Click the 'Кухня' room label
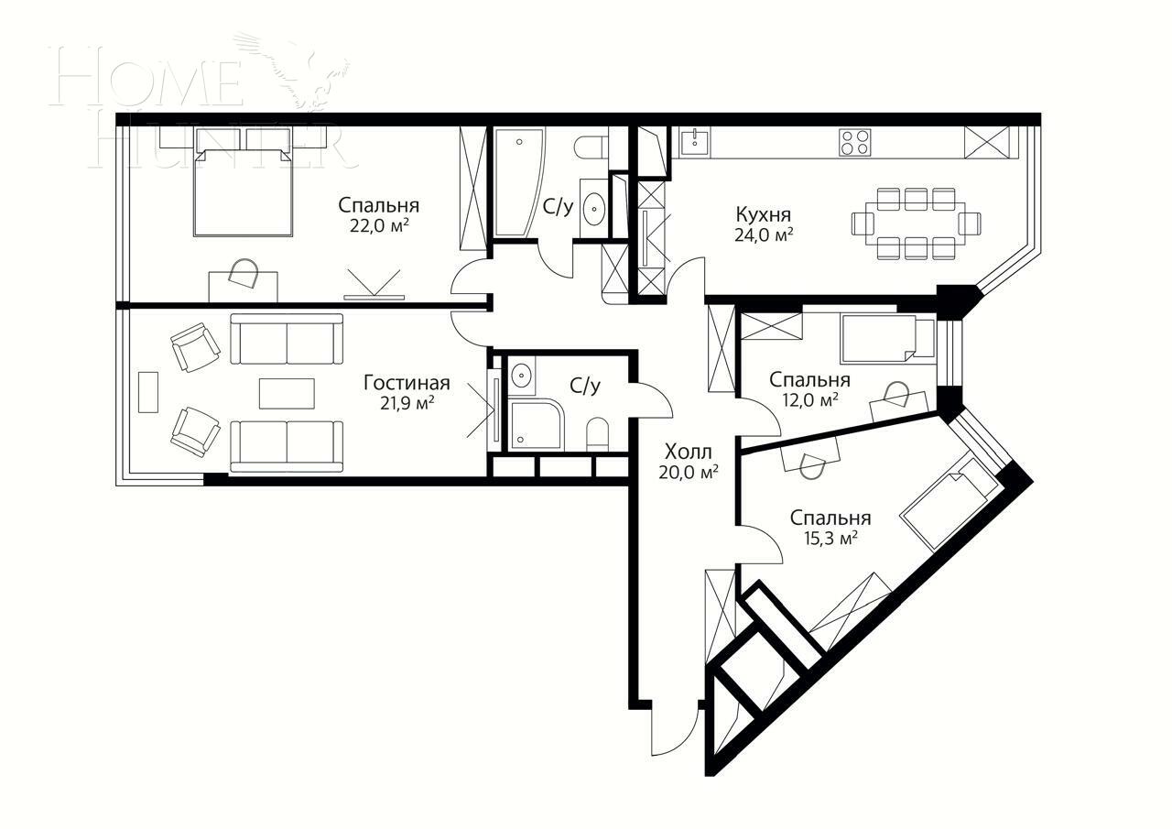763,214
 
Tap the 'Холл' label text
688,452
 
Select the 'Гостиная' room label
407,382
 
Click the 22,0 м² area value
378,226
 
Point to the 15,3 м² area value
830,540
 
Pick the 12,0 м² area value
809,400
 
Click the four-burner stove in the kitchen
855,142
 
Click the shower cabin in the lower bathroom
536,424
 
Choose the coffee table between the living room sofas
287,393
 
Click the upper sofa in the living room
287,338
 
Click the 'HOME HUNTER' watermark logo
201,101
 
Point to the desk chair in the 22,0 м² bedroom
244,273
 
